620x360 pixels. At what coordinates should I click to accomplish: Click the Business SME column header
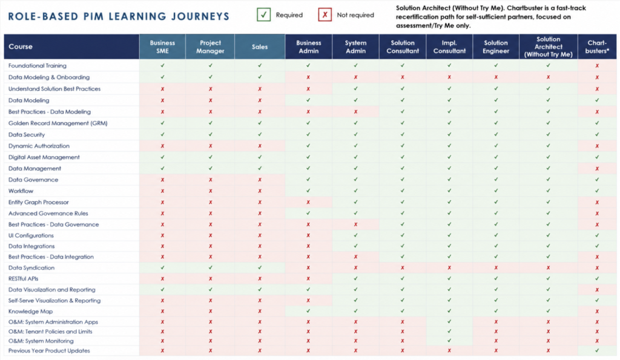click(162, 47)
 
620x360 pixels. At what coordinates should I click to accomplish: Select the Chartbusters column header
click(597, 47)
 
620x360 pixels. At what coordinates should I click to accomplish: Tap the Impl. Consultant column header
click(449, 47)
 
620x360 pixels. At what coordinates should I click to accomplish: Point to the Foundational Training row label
click(38, 65)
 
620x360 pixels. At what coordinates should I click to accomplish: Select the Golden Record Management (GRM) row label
click(58, 123)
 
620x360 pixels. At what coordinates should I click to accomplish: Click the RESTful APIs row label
click(24, 278)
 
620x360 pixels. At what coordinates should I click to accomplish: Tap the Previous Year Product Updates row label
click(49, 350)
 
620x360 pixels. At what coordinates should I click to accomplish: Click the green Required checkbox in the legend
click(264, 15)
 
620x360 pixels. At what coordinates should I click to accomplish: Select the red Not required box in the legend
click(325, 15)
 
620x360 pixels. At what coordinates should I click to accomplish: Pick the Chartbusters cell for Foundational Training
click(597, 65)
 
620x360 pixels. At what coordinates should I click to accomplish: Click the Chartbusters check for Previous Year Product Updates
click(597, 350)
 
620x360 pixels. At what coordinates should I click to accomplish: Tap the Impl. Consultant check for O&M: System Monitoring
click(449, 341)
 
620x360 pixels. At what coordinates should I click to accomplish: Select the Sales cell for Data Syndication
click(260, 267)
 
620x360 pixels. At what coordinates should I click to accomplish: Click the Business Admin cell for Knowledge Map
click(308, 311)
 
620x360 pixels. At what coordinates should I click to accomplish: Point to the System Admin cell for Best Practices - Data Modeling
click(355, 112)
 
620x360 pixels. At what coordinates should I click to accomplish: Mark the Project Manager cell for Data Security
click(210, 134)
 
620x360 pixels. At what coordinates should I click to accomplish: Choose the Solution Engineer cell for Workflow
click(496, 191)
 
